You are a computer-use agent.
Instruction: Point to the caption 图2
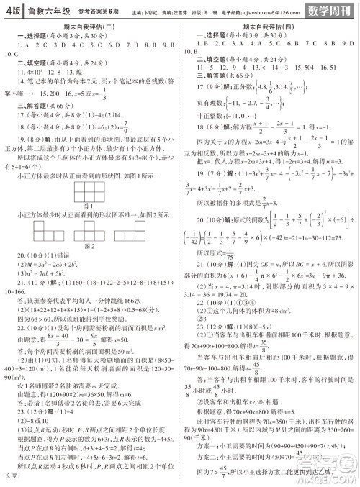90,246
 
